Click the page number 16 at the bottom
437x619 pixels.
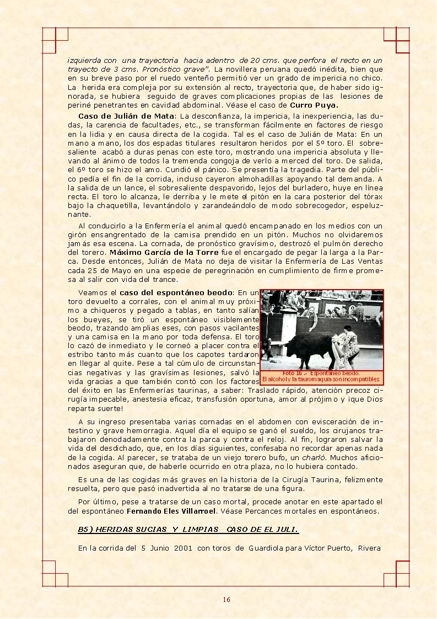click(x=226, y=600)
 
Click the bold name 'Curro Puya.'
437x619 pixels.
click(x=314, y=104)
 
